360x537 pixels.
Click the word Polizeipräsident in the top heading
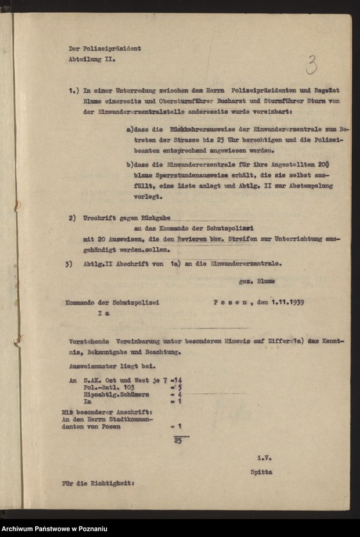[113, 48]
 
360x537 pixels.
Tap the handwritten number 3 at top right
[311, 65]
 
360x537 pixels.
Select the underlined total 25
[178, 440]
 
